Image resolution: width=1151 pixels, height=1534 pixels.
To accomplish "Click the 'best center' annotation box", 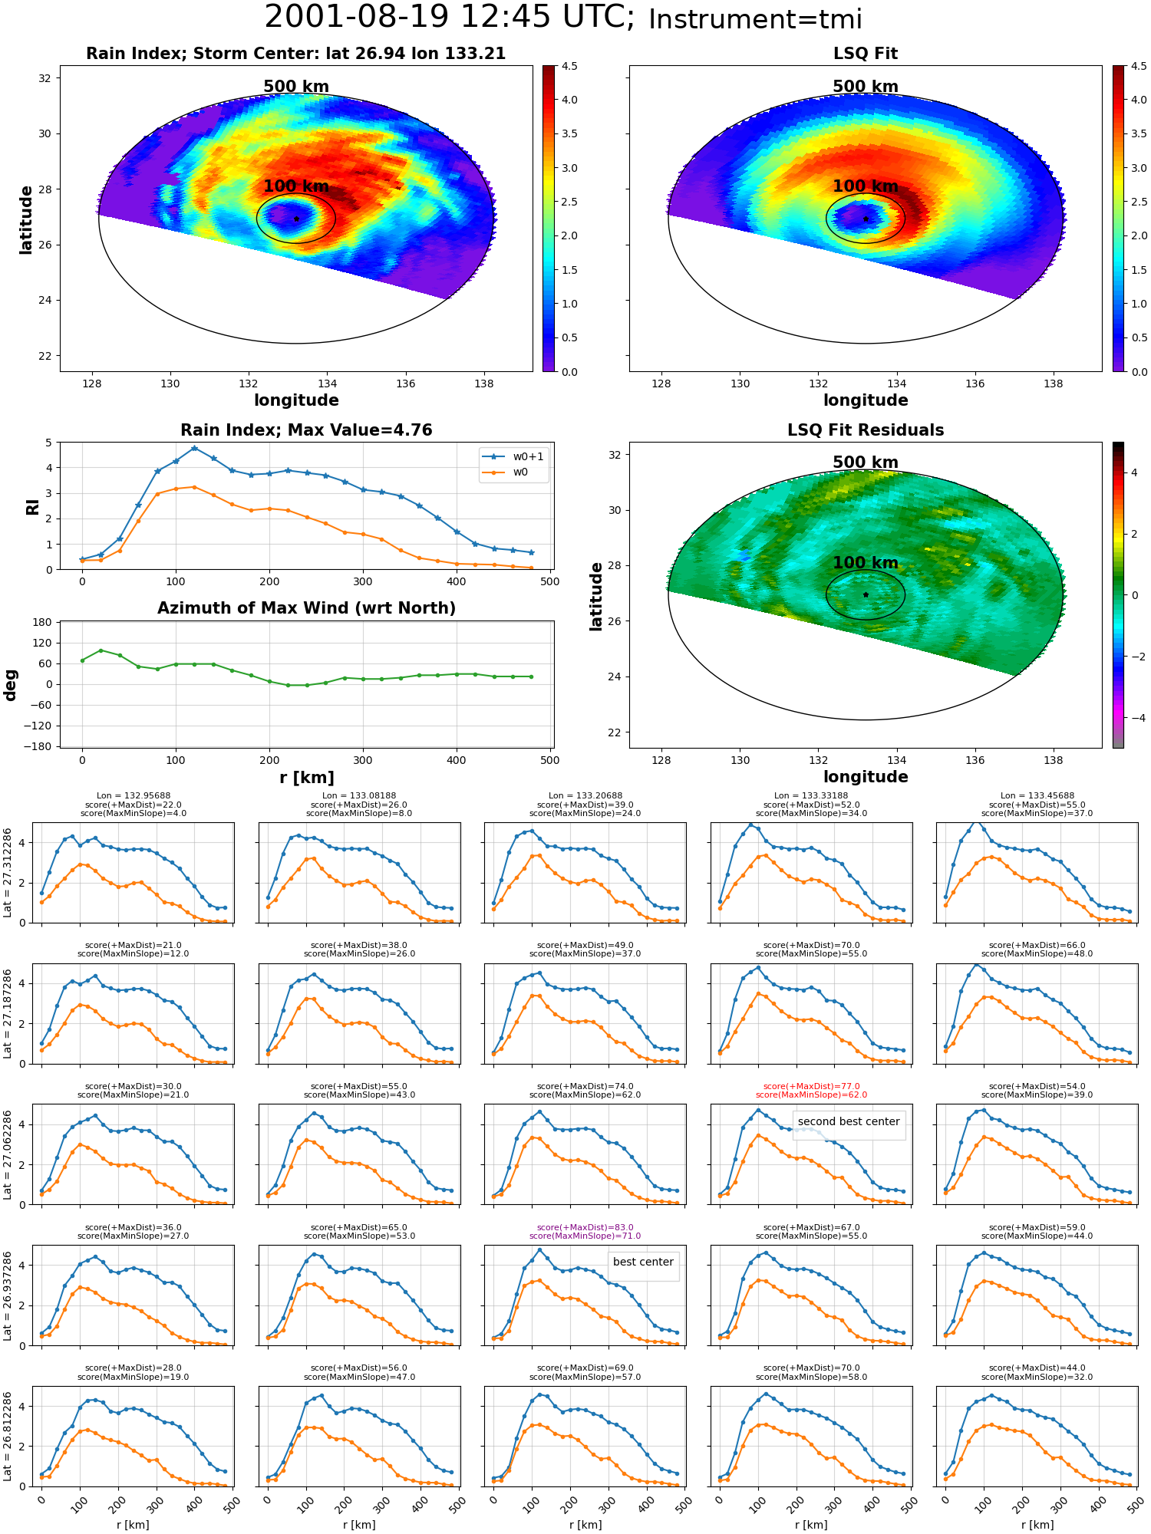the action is coord(643,1262).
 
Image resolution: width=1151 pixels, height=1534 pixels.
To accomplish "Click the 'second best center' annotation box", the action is coord(849,1121).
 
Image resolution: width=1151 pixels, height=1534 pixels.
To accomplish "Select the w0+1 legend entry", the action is coord(514,456).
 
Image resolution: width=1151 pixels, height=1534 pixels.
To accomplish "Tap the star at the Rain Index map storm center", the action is coord(296,219).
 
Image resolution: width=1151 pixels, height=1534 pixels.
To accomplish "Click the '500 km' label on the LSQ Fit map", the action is coord(866,87).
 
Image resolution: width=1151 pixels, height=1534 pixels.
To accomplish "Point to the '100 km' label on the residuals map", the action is coord(866,563).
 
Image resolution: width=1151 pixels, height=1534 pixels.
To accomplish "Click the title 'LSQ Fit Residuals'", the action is coord(866,430).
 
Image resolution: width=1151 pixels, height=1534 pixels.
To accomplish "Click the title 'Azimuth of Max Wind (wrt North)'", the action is coord(306,608).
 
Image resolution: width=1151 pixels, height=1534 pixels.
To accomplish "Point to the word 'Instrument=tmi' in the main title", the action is coord(755,19).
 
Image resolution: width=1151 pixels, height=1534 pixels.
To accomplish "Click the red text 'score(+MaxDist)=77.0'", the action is coord(811,1086).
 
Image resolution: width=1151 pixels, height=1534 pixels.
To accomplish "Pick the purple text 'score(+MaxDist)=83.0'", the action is coord(585,1227).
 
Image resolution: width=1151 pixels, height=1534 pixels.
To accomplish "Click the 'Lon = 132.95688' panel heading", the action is coord(134,796).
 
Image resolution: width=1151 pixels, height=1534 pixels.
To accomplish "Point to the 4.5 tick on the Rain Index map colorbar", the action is coord(569,66).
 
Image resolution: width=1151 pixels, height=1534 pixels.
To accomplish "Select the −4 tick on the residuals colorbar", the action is coord(1138,718).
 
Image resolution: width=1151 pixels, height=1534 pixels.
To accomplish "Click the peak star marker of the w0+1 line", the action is coord(194,448).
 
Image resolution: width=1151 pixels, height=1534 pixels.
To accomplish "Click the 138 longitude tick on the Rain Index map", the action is coord(484,383).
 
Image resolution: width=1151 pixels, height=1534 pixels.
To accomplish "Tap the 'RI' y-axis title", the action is coord(32,506).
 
